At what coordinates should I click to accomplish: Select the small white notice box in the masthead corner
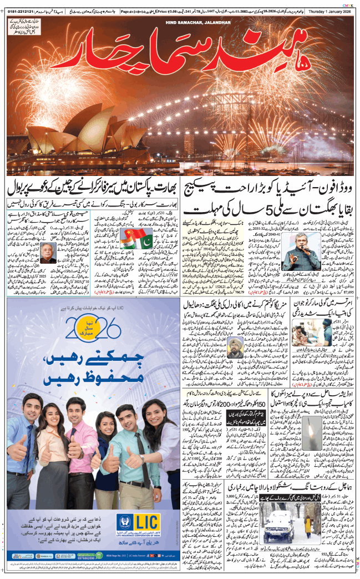click(27, 27)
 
